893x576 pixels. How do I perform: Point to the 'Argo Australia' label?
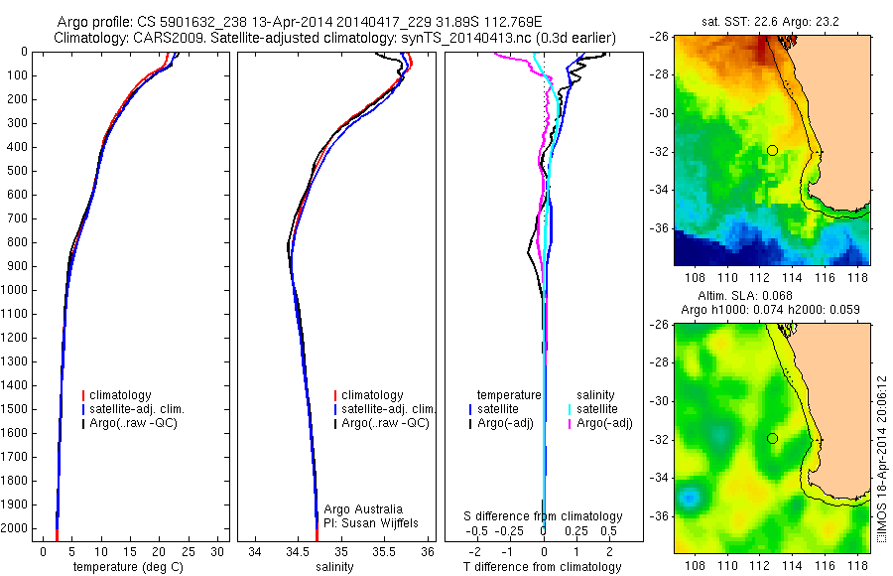click(x=363, y=508)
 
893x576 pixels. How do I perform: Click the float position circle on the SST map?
click(x=772, y=150)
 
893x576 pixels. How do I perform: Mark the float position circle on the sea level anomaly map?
click(x=772, y=438)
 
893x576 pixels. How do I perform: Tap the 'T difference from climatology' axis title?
click(x=544, y=567)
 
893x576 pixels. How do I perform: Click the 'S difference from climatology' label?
click(x=544, y=516)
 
